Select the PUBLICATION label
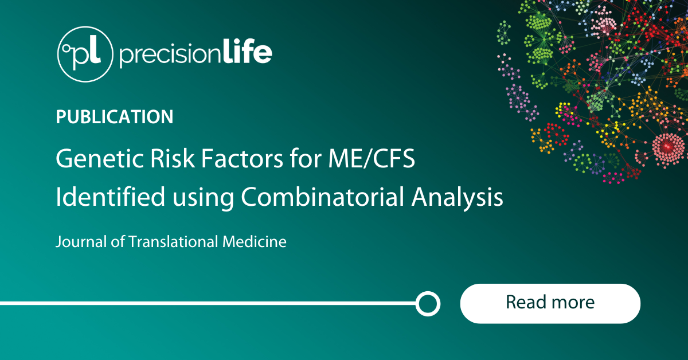pos(115,117)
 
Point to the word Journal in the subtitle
pos(77,242)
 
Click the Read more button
pos(550,303)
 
